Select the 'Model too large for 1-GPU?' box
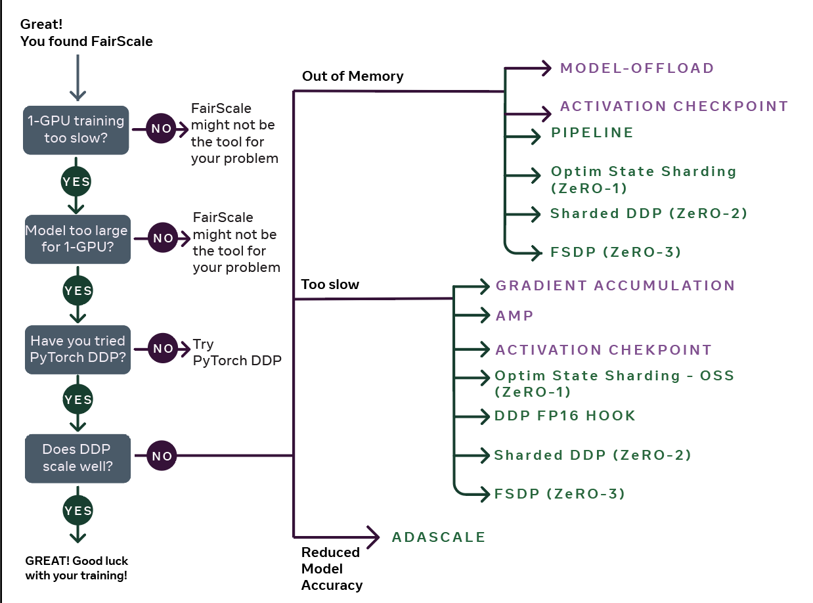coord(77,239)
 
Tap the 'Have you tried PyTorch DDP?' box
coord(77,350)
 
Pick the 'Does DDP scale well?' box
coord(77,458)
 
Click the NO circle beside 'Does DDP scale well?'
coord(162,455)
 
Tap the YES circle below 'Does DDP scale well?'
coord(77,510)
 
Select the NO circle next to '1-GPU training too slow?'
coord(161,128)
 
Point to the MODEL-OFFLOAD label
coord(636,68)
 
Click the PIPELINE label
coord(592,133)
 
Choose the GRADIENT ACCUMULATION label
coord(615,286)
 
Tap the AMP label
coord(514,315)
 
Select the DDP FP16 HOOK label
coord(565,416)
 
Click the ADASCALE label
coord(438,537)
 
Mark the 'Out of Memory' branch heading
coord(353,76)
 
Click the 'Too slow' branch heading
coord(330,284)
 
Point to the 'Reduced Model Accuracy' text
coord(332,568)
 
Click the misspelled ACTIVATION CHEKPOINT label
coord(604,350)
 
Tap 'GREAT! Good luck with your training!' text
coord(77,568)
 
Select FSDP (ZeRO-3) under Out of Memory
coord(615,252)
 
